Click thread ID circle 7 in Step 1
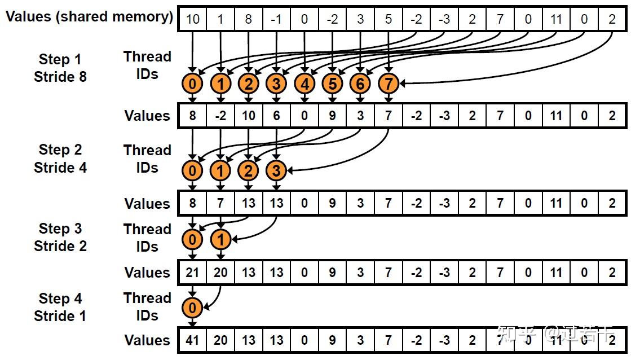click(389, 85)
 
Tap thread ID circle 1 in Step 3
click(220, 240)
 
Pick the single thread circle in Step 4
click(193, 308)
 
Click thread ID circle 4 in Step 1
click(305, 85)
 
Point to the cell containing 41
click(193, 340)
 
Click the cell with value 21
click(193, 273)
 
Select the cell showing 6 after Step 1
click(276, 116)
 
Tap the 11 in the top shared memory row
click(555, 19)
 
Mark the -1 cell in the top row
click(276, 19)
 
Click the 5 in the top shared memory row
click(389, 19)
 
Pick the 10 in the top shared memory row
click(193, 19)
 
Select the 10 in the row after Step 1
click(249, 116)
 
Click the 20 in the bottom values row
click(220, 340)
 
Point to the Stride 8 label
click(60, 77)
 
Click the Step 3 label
click(60, 229)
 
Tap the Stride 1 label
click(60, 316)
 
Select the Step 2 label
click(60, 150)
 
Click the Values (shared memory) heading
click(89, 17)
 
